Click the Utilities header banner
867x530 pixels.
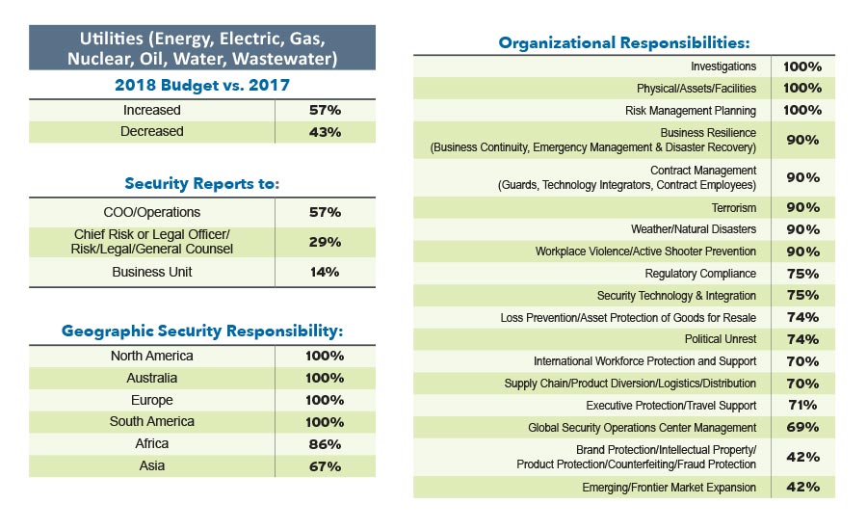[201, 48]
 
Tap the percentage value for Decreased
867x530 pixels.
[325, 132]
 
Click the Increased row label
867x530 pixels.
[151, 110]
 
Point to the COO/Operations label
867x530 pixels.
[151, 211]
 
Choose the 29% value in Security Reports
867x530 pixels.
[325, 242]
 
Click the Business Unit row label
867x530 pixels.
[151, 272]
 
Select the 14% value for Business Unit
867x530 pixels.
[325, 272]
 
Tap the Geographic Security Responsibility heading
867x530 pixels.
[202, 331]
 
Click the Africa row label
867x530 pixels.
[151, 444]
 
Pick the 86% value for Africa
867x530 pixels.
[325, 444]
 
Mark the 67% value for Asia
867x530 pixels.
[325, 466]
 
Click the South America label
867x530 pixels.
[151, 422]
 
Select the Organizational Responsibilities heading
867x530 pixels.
[623, 42]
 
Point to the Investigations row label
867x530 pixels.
[723, 66]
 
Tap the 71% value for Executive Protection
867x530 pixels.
[802, 406]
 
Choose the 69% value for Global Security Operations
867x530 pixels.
[802, 427]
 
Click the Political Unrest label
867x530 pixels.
[720, 339]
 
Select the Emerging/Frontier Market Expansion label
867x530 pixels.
[669, 488]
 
